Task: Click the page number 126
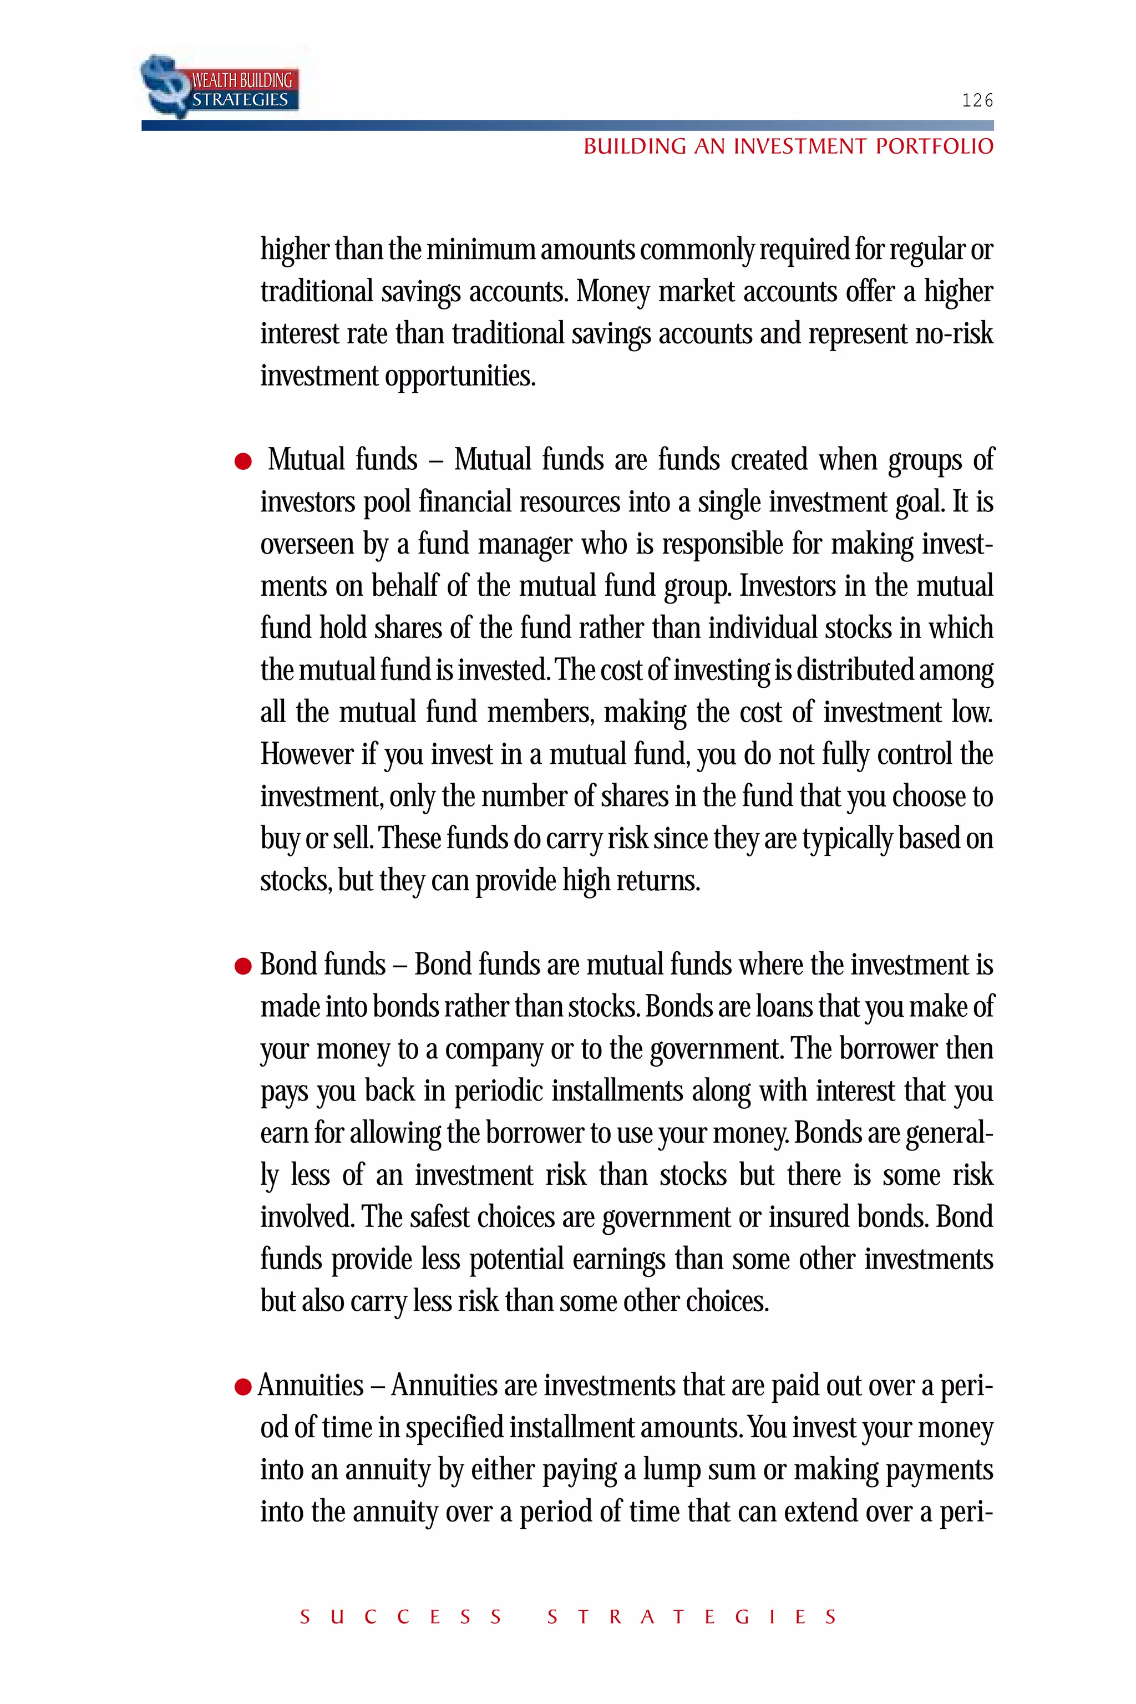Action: click(x=977, y=101)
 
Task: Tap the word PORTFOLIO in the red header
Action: click(x=934, y=147)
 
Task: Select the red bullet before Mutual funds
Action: click(x=244, y=461)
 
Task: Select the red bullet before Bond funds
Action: click(x=244, y=966)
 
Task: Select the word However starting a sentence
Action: click(x=307, y=755)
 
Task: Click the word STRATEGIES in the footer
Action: click(x=692, y=1617)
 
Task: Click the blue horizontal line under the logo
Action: click(x=567, y=125)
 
